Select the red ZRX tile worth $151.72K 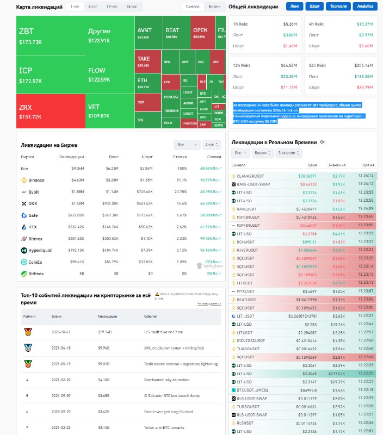click(x=50, y=111)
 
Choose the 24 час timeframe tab click(x=132, y=7)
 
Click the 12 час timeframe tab click(x=112, y=7)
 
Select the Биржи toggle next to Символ click(x=214, y=7)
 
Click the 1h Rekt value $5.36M click(x=290, y=24)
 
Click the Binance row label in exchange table click(x=36, y=180)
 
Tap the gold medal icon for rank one click(x=28, y=331)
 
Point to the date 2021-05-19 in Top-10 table click(x=61, y=363)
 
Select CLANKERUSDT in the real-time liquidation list click(x=252, y=176)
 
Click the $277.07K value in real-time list click(x=336, y=374)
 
